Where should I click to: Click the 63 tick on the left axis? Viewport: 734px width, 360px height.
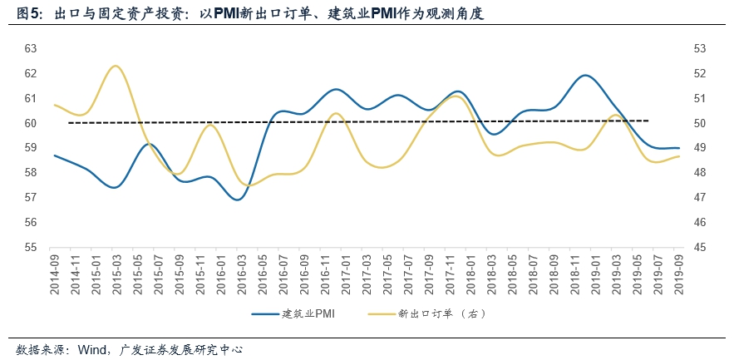point(30,48)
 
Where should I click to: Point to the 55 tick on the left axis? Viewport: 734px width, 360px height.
point(30,247)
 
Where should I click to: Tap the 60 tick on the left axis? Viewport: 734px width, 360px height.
point(30,123)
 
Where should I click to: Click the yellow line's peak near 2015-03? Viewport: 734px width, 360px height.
point(115,66)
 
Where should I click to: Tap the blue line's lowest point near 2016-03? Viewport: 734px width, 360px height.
point(238,200)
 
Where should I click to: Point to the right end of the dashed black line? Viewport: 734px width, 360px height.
point(648,121)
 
